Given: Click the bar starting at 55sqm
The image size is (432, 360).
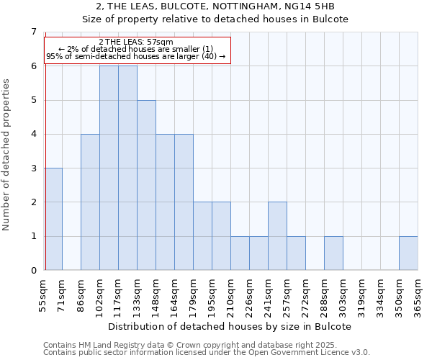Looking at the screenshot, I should click(53, 219).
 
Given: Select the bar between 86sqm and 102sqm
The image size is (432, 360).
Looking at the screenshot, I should click(90, 202).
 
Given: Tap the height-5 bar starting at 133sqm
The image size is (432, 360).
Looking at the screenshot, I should click(146, 185).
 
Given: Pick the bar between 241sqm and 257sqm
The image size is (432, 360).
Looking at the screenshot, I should click(277, 236).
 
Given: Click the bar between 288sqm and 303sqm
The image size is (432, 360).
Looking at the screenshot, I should click(333, 253).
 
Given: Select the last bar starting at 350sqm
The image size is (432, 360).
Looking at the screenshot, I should click(408, 253).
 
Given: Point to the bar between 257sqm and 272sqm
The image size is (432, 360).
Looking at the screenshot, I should click(296, 253).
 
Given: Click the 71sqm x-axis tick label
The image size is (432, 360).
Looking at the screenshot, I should click(63, 294).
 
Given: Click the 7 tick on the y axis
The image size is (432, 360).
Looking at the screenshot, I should click(33, 32).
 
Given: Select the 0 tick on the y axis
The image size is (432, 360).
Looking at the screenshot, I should click(33, 271).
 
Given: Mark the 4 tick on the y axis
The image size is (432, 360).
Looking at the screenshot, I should click(33, 134).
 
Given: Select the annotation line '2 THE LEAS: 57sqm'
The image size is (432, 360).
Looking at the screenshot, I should click(136, 42).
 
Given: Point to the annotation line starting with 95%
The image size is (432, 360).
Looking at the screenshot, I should click(136, 56).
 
